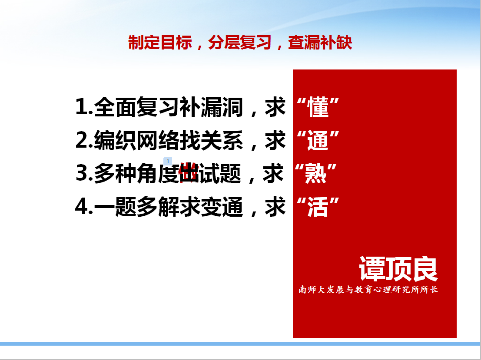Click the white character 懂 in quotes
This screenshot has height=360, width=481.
(x=318, y=107)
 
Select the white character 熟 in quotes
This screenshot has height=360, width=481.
(x=315, y=174)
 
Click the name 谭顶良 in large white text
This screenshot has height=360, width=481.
(x=398, y=269)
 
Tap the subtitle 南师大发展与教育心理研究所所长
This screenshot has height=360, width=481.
(x=368, y=290)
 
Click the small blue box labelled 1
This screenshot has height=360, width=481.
(x=168, y=161)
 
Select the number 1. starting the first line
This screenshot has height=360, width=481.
(x=84, y=107)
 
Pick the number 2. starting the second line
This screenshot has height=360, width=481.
(x=84, y=140)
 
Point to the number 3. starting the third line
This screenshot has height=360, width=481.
(x=84, y=173)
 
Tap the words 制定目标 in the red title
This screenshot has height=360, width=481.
(x=160, y=42)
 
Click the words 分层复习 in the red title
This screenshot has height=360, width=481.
(x=240, y=42)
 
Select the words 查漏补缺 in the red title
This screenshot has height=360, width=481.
(x=320, y=42)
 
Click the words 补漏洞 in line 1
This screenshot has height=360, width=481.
(x=211, y=107)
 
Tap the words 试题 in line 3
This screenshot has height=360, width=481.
(x=220, y=174)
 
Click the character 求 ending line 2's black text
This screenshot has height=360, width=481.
(x=275, y=140)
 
